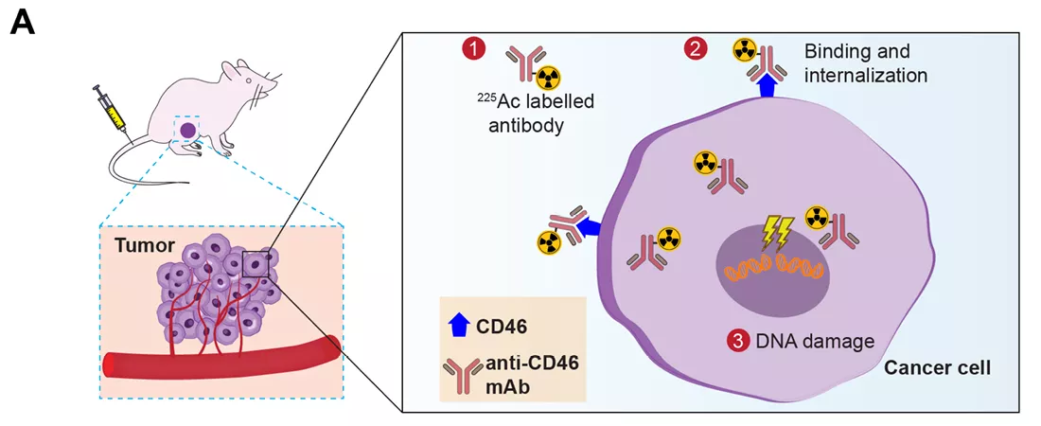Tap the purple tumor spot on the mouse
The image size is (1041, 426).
(188, 130)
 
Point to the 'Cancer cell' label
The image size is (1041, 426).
(937, 367)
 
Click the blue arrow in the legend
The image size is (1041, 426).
(458, 327)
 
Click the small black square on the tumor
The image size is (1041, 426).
(256, 264)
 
